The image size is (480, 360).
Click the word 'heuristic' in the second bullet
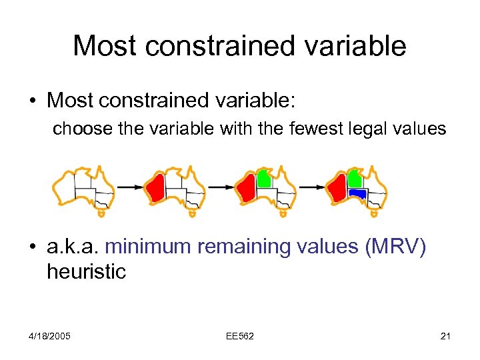tap(86, 271)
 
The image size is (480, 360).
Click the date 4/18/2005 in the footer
tap(50, 336)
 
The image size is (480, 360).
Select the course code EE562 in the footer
tap(239, 336)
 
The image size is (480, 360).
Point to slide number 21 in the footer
tap(446, 336)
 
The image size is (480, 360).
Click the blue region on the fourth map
tap(358, 193)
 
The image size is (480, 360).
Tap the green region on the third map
tap(263, 178)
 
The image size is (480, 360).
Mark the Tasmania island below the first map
tap(101, 215)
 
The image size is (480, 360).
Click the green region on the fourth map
tap(355, 178)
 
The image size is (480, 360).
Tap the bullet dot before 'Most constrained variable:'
tap(31, 101)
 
